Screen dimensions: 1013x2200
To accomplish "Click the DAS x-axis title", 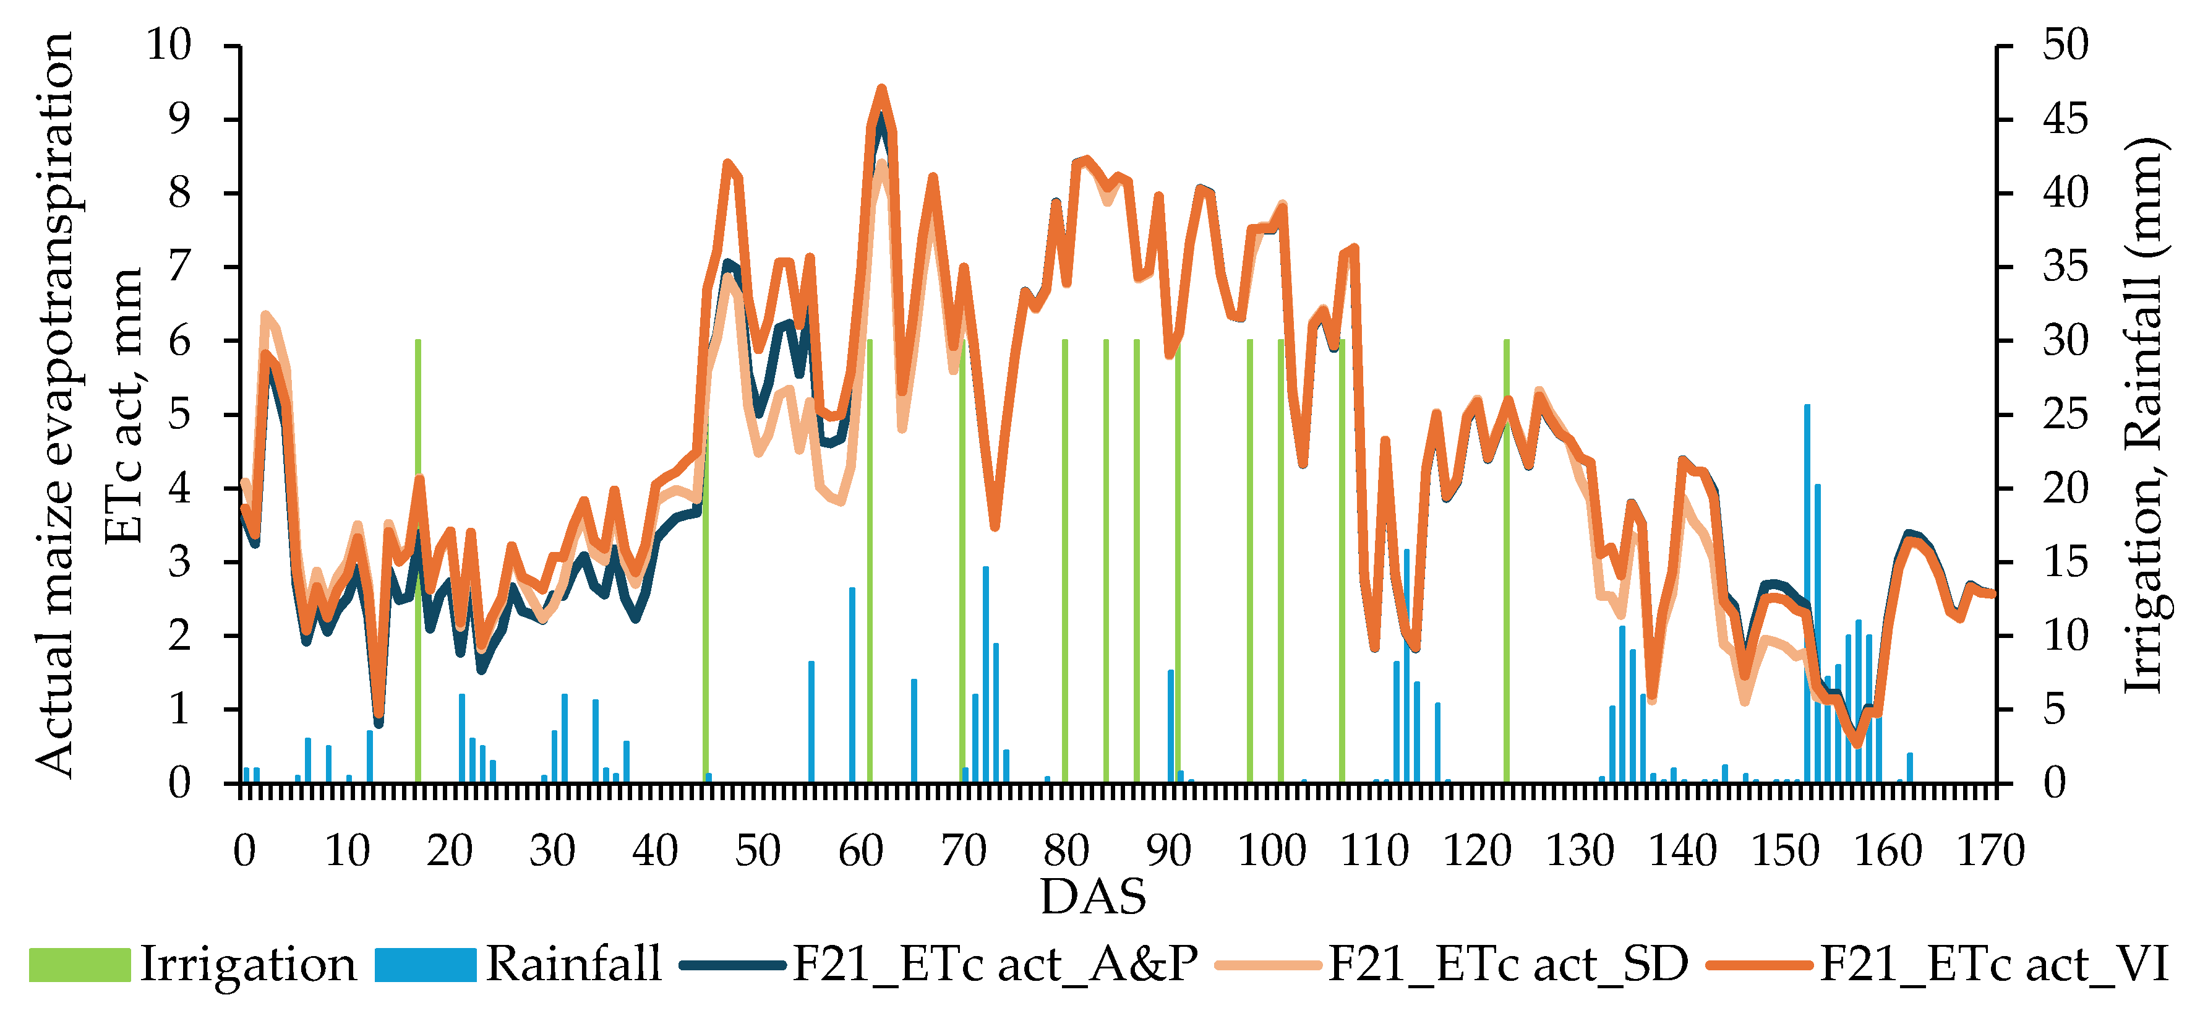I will click(1093, 897).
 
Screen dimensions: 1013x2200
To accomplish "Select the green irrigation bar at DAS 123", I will click(1507, 598).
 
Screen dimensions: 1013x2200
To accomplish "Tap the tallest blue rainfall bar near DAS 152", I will click(1807, 598).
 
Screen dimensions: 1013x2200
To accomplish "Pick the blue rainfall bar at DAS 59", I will click(852, 683).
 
